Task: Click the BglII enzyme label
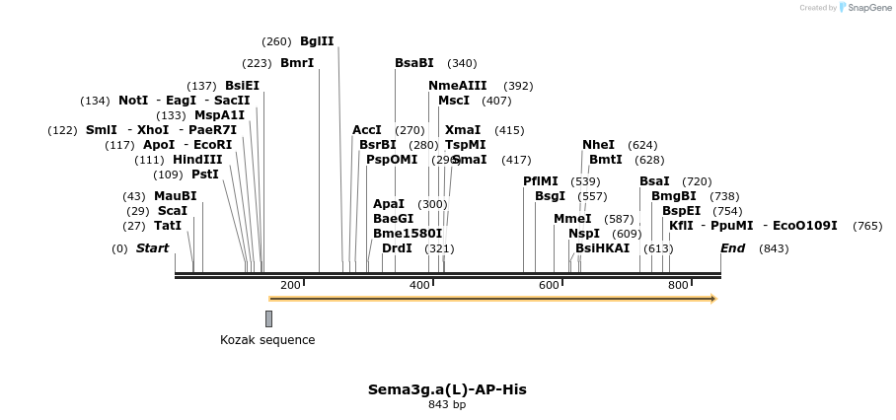(x=317, y=41)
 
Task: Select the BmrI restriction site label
(x=297, y=63)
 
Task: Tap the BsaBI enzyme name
(x=414, y=63)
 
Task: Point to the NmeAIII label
(x=458, y=86)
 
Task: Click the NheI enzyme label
(x=598, y=145)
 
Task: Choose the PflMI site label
(x=541, y=181)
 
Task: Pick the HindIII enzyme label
(x=197, y=160)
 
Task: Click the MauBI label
(x=176, y=196)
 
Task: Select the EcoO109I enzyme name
(x=804, y=226)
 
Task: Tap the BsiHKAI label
(x=602, y=248)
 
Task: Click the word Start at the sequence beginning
(x=152, y=248)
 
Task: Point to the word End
(x=732, y=248)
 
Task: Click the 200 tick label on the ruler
(x=290, y=286)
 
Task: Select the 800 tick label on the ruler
(x=678, y=286)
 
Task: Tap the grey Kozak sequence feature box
(x=268, y=318)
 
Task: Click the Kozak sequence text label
(x=267, y=340)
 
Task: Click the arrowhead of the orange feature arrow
(x=712, y=298)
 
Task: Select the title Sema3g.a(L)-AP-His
(x=447, y=389)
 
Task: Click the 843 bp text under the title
(x=447, y=405)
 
